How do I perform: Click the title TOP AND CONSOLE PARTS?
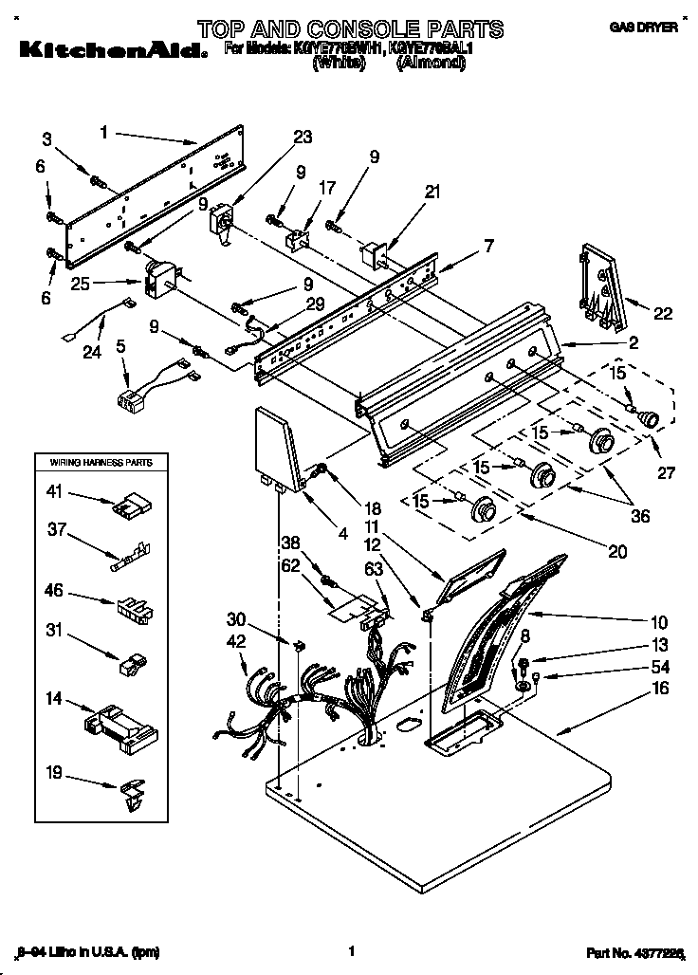tap(350, 28)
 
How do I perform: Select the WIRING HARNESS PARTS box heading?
tap(93, 462)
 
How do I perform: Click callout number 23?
tap(302, 138)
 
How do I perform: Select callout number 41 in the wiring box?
tap(55, 491)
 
